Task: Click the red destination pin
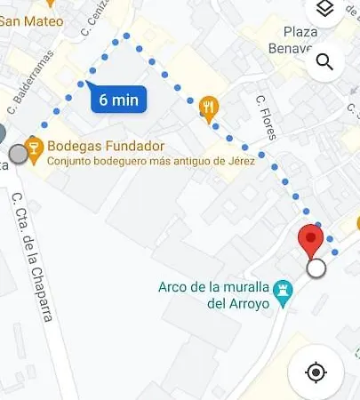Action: (310, 240)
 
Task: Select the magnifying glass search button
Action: (324, 61)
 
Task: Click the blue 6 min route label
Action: (117, 100)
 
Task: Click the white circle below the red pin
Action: (315, 268)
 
